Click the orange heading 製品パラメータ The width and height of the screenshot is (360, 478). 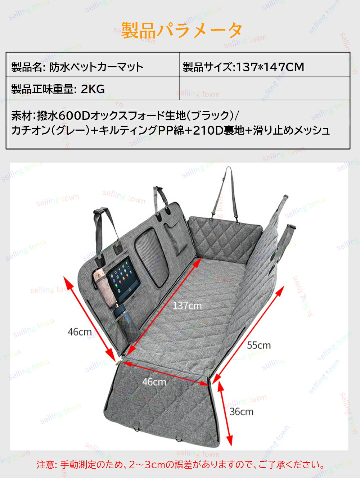click(181, 30)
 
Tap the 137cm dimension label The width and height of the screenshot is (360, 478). click(187, 306)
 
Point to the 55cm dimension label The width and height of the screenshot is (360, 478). click(258, 345)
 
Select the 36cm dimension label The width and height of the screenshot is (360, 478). click(241, 411)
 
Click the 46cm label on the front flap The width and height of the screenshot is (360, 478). click(154, 382)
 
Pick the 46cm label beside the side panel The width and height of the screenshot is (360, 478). click(80, 332)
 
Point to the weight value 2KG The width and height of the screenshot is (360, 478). click(93, 89)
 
